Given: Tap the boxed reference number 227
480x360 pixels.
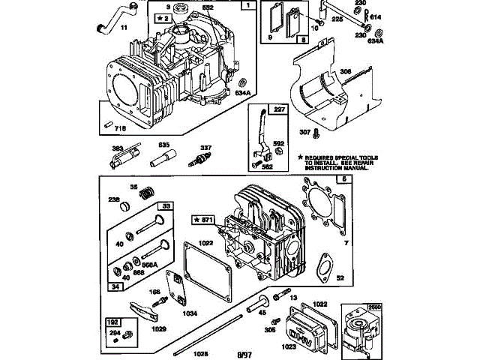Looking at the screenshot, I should tap(279, 109).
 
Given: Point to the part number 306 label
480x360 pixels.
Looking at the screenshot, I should tap(346, 71).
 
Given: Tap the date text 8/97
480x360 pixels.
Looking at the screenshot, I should tap(244, 353).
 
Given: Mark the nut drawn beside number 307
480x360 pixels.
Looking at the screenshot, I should tap(316, 133).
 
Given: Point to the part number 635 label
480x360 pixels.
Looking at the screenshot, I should tap(163, 144).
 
